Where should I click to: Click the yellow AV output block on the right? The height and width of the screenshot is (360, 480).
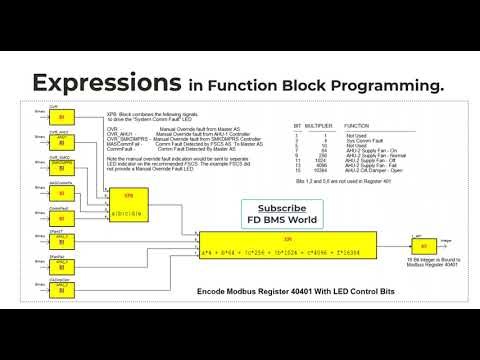(x=423, y=246)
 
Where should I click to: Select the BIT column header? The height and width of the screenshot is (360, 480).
(x=298, y=126)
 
